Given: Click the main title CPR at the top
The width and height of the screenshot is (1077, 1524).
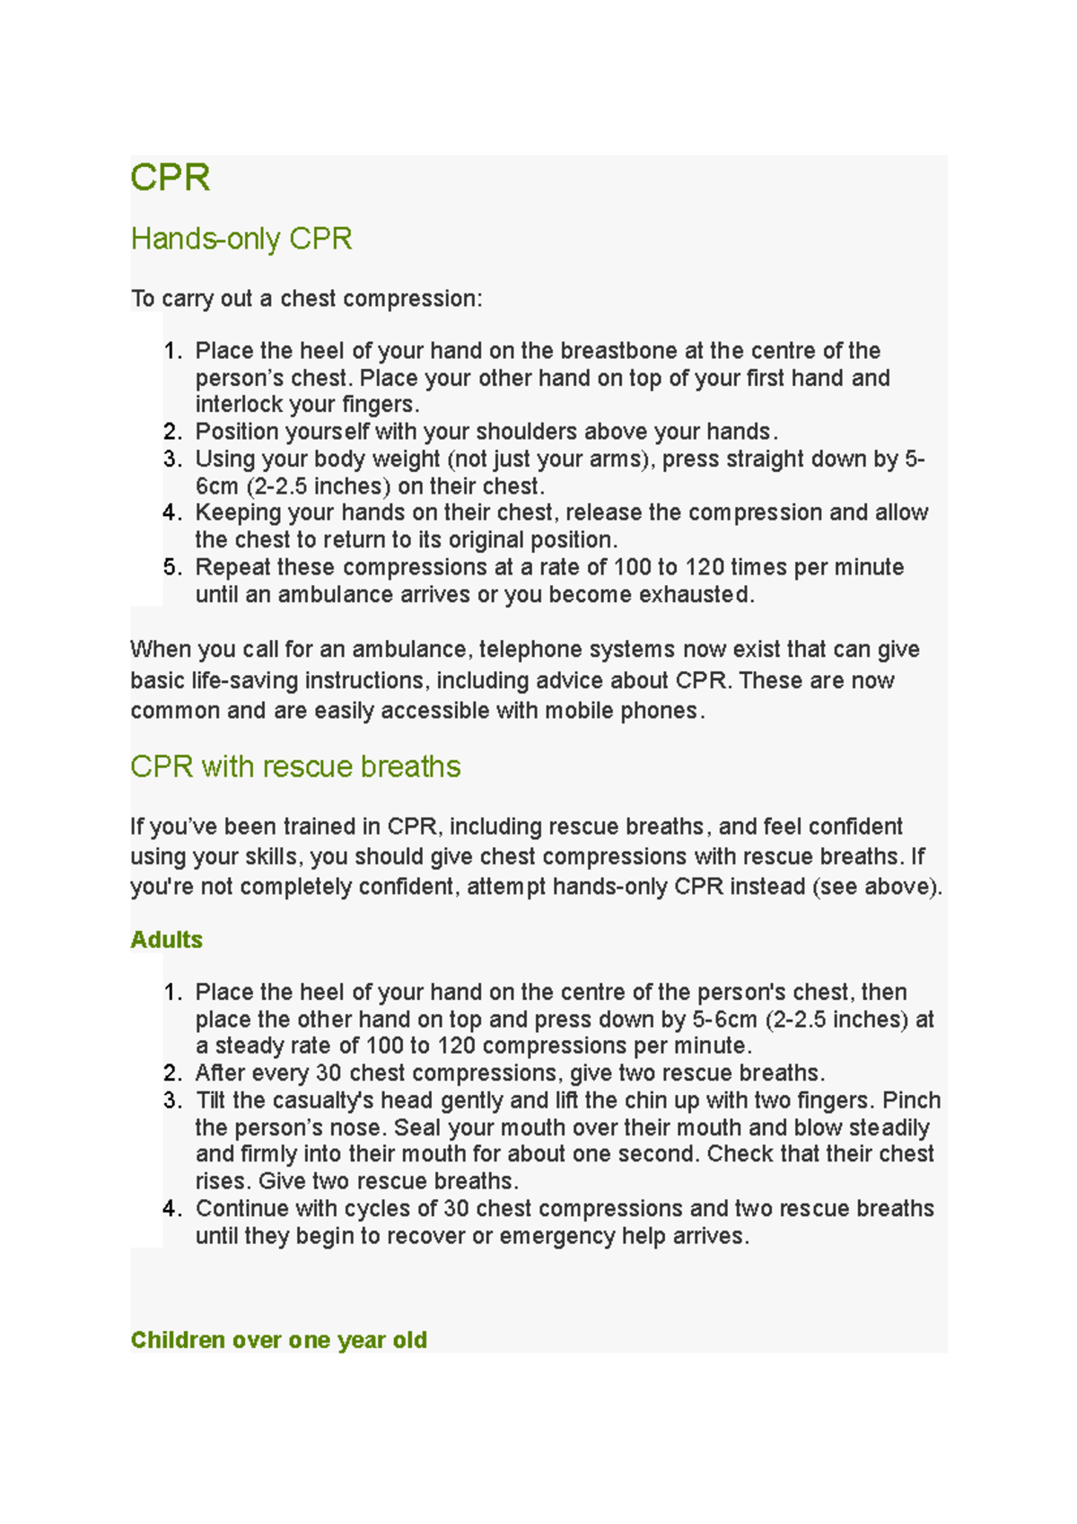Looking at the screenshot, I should point(170,178).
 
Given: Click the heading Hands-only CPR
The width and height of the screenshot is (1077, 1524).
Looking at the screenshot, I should point(241,239).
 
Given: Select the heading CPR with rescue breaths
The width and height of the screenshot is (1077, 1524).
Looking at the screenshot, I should point(295,766).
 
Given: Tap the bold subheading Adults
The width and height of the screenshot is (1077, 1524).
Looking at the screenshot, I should point(166,940).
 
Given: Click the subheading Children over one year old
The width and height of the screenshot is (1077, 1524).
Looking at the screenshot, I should point(278,1340).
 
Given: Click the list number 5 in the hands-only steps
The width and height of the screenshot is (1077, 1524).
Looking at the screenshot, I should point(171,567).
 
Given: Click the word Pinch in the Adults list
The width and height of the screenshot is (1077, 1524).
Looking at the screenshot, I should point(911,1100).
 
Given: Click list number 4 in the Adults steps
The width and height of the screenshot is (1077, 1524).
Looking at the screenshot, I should point(171,1209).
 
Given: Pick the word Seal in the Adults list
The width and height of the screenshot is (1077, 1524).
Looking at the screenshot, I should point(417,1127).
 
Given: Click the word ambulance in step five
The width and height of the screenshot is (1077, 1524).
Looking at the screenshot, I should point(328,594).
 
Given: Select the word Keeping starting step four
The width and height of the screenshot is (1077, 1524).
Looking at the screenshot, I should point(238,512).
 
